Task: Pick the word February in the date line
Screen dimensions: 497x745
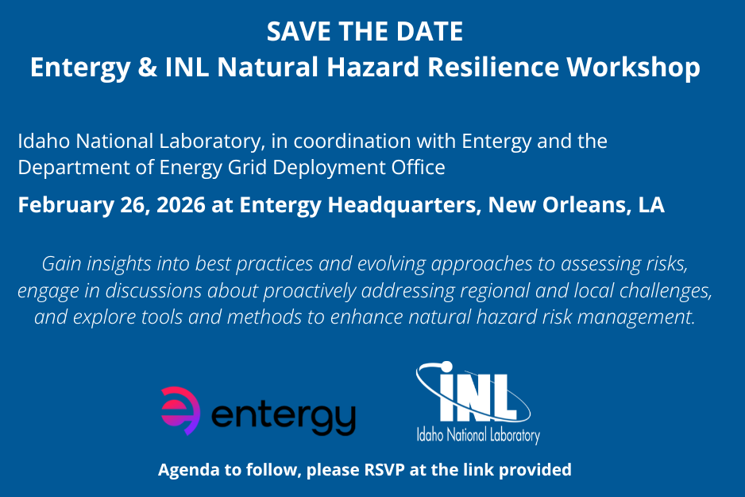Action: coord(60,204)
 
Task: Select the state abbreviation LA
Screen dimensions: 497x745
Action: coord(651,204)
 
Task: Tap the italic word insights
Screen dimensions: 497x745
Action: coord(125,263)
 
